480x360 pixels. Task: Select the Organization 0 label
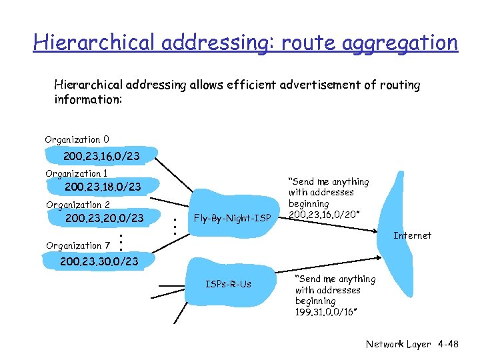[77, 140]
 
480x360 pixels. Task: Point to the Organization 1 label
[77, 173]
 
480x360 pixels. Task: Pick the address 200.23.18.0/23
[103, 187]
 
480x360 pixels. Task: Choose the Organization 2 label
[77, 205]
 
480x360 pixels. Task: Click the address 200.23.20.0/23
[104, 218]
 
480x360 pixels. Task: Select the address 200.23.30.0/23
[99, 261]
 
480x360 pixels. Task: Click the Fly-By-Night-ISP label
[231, 218]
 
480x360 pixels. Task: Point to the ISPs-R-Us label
[228, 284]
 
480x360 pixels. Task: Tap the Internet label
[412, 235]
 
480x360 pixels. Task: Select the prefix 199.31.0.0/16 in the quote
[326, 312]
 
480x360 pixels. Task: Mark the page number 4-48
[448, 344]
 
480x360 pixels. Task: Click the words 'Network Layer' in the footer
[399, 344]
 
